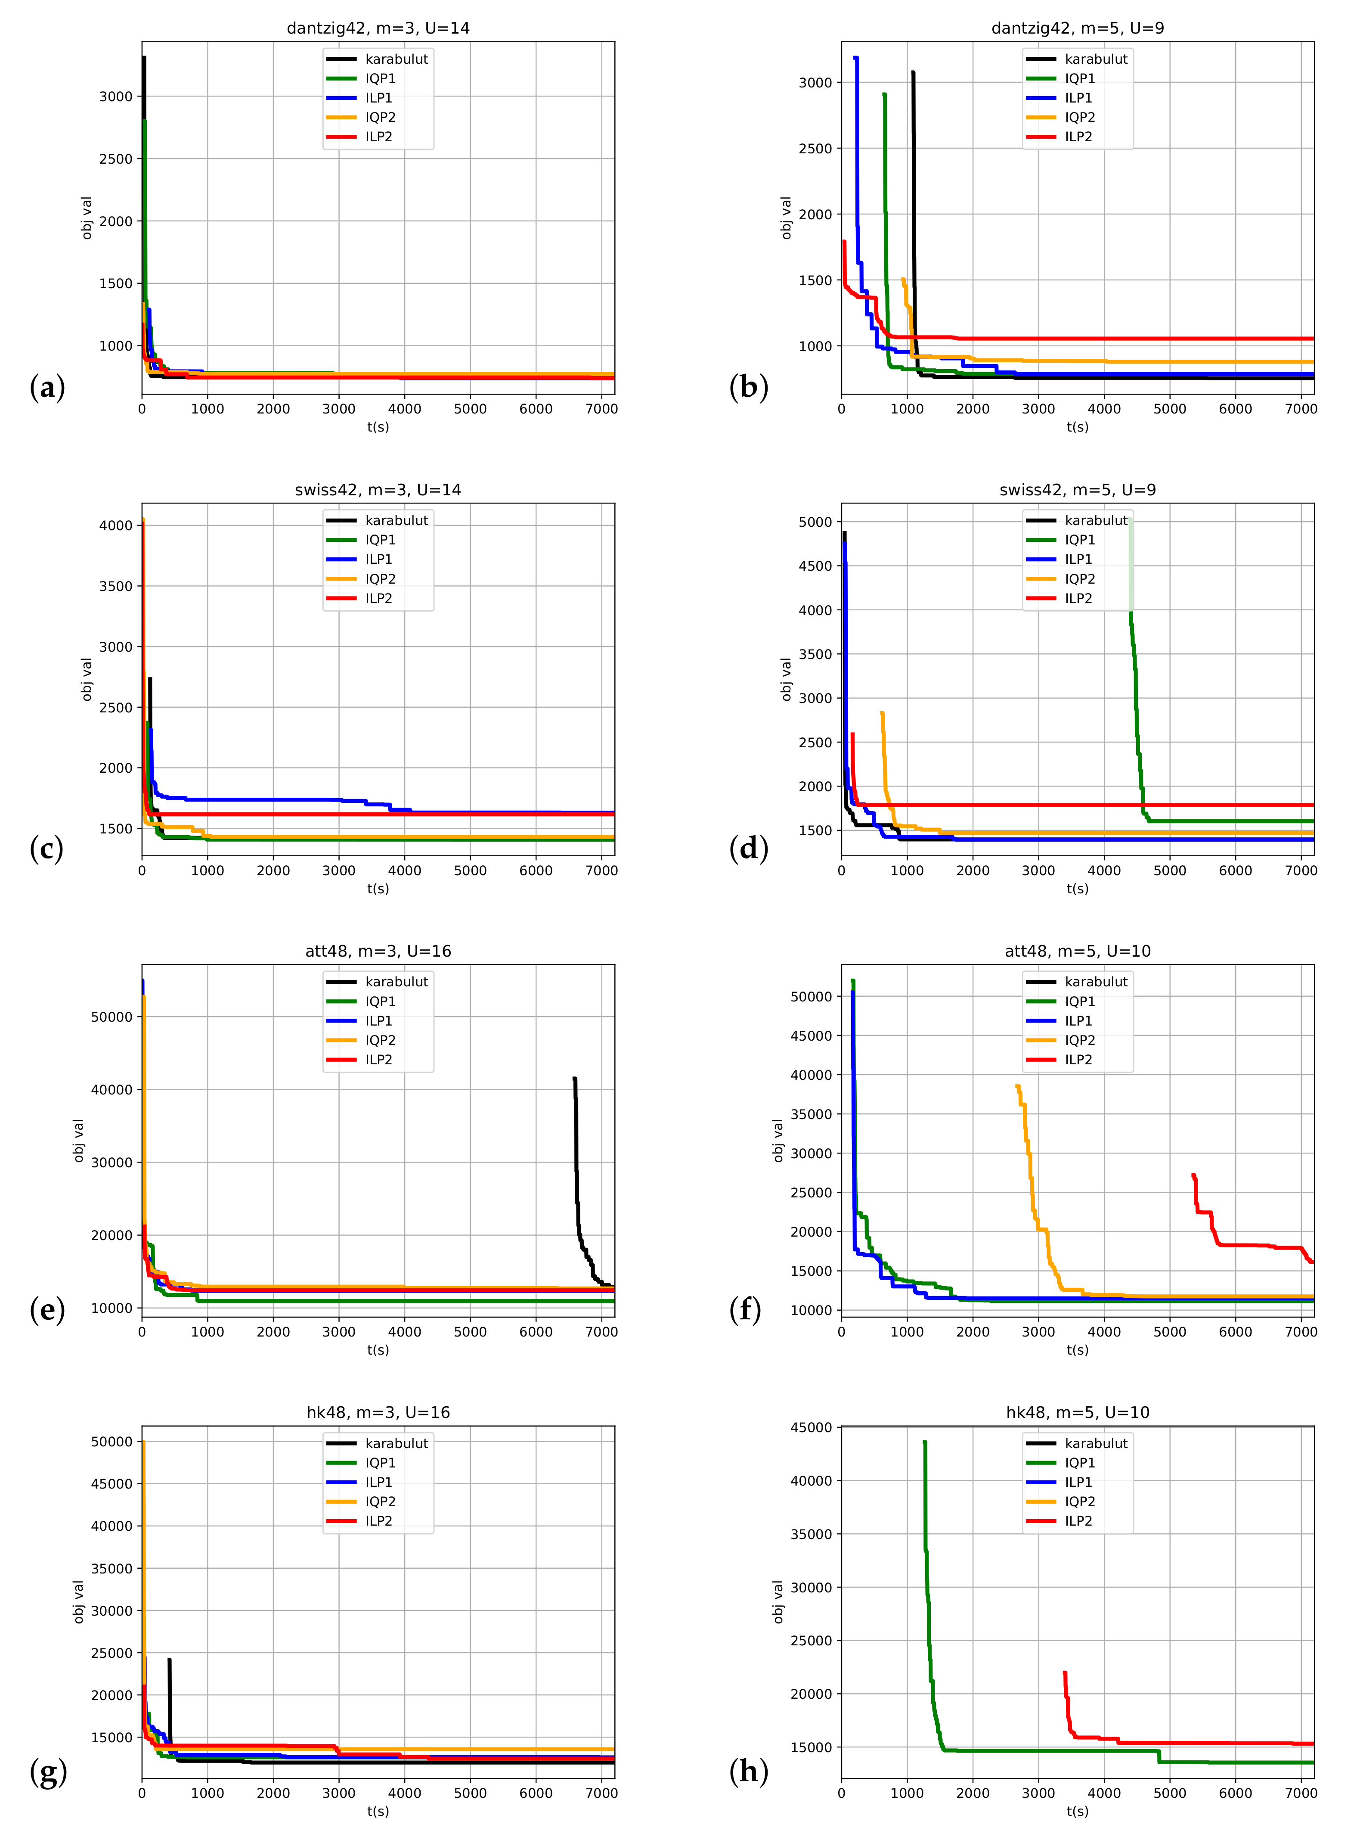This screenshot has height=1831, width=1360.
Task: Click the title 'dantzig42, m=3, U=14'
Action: (378, 28)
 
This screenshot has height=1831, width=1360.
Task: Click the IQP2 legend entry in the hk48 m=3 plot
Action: (380, 1501)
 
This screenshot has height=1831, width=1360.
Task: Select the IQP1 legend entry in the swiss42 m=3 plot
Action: (380, 540)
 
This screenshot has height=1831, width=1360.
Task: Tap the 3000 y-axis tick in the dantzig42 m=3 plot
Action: (115, 96)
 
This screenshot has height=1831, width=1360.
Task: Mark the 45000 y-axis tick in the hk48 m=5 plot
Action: (811, 1427)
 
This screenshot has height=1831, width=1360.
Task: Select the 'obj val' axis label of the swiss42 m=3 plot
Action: (87, 680)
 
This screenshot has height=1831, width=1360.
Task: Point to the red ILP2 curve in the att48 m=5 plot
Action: (1235, 1244)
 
